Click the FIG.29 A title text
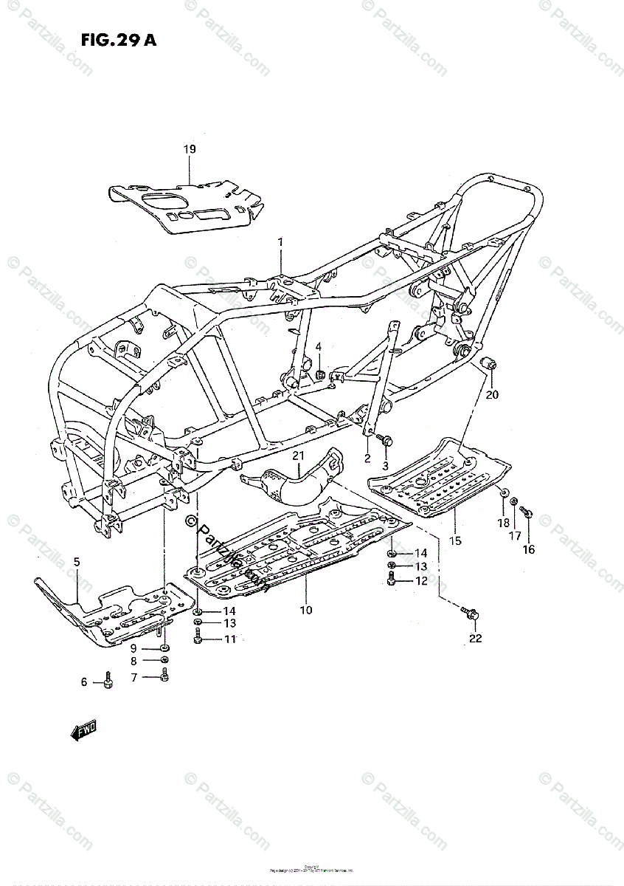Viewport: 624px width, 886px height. point(108,41)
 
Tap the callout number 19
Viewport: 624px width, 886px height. point(190,150)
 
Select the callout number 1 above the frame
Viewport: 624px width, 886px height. point(280,242)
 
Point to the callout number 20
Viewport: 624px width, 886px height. point(492,394)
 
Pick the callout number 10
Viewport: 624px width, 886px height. point(306,610)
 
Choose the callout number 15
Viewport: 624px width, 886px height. point(455,541)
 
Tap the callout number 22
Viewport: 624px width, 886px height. point(475,638)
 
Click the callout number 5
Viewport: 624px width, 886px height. point(76,563)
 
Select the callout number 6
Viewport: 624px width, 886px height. point(84,683)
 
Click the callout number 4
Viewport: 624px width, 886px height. point(319,346)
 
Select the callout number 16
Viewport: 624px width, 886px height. point(529,549)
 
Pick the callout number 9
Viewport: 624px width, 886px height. point(134,648)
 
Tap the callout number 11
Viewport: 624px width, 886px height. point(230,639)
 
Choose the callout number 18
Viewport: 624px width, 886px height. point(504,523)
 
